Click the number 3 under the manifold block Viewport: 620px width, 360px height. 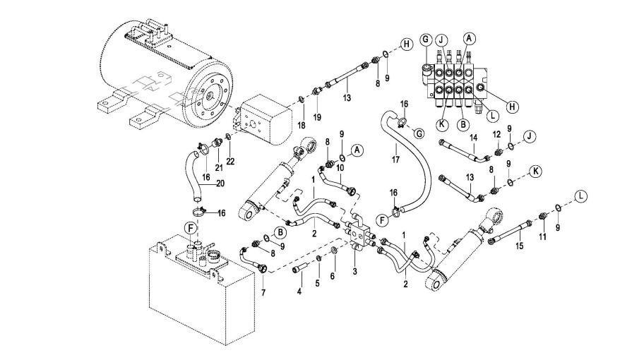click(355, 270)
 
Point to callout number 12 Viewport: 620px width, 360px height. click(497, 134)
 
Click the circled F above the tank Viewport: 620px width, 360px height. click(189, 228)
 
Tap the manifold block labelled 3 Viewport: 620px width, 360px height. click(359, 236)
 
